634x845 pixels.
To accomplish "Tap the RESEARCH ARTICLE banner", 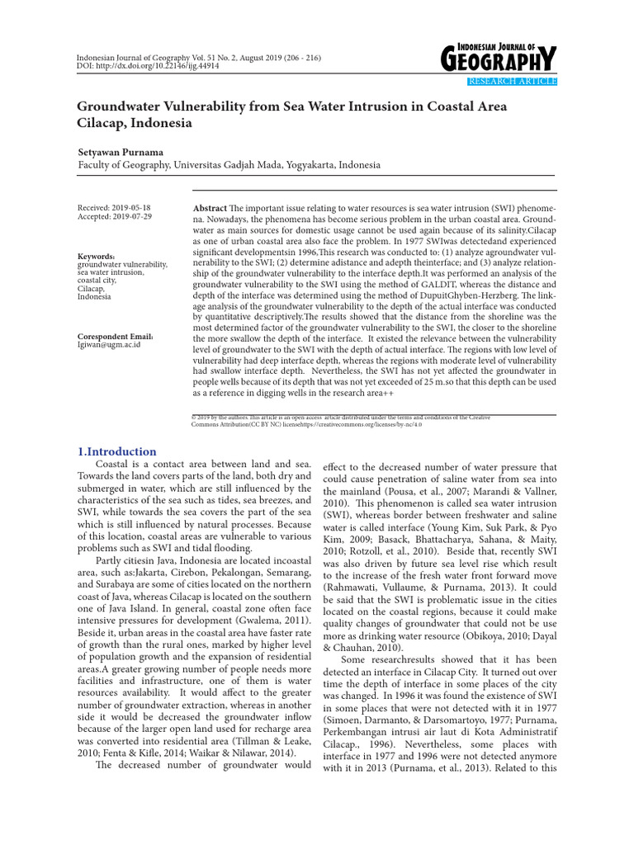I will click(x=512, y=81).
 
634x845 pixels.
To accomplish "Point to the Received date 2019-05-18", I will click(x=114, y=208).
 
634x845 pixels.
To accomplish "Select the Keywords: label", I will click(x=96, y=257).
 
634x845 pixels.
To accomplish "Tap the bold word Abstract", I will click(x=210, y=209).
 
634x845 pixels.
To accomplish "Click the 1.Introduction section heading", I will click(x=116, y=451).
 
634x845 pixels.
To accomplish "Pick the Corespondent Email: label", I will click(x=115, y=337).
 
